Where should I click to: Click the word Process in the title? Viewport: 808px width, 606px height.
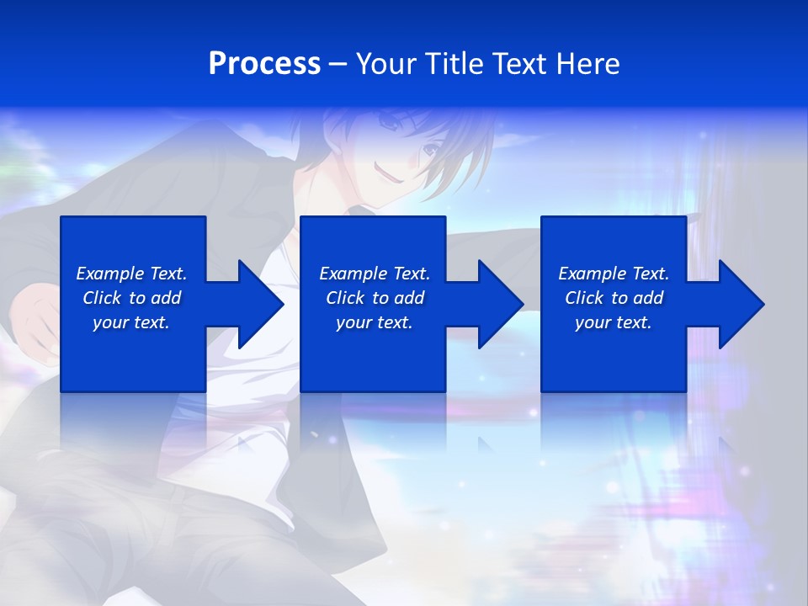[x=264, y=64]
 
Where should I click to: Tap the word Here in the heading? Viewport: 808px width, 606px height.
[x=588, y=64]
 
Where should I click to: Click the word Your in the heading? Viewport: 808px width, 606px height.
[x=387, y=64]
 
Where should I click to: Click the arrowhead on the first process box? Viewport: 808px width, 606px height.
[x=258, y=304]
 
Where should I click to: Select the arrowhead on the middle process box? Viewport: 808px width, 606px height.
[x=498, y=304]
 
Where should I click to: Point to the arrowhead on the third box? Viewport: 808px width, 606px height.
[x=739, y=304]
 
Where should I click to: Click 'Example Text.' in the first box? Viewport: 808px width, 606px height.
[x=131, y=274]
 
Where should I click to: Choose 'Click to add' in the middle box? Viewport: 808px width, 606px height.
[x=375, y=298]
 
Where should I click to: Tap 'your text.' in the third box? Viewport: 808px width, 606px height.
[x=614, y=322]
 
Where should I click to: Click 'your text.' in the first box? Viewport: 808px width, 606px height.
[x=131, y=322]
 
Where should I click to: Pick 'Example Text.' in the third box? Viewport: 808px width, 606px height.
[x=614, y=274]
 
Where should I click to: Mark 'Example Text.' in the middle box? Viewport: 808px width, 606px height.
[x=375, y=274]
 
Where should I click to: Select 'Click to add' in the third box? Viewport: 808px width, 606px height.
[x=614, y=298]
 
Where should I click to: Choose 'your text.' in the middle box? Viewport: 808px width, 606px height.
[x=375, y=322]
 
